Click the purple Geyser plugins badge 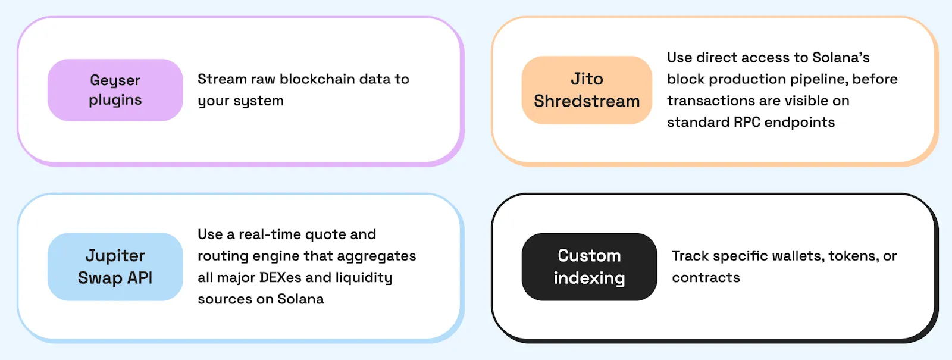[115, 90]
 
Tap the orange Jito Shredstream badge [587, 90]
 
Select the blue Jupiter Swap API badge [115, 267]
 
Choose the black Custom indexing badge [589, 267]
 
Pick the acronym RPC [747, 122]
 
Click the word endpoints [799, 122]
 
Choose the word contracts [706, 278]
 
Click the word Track [690, 256]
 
